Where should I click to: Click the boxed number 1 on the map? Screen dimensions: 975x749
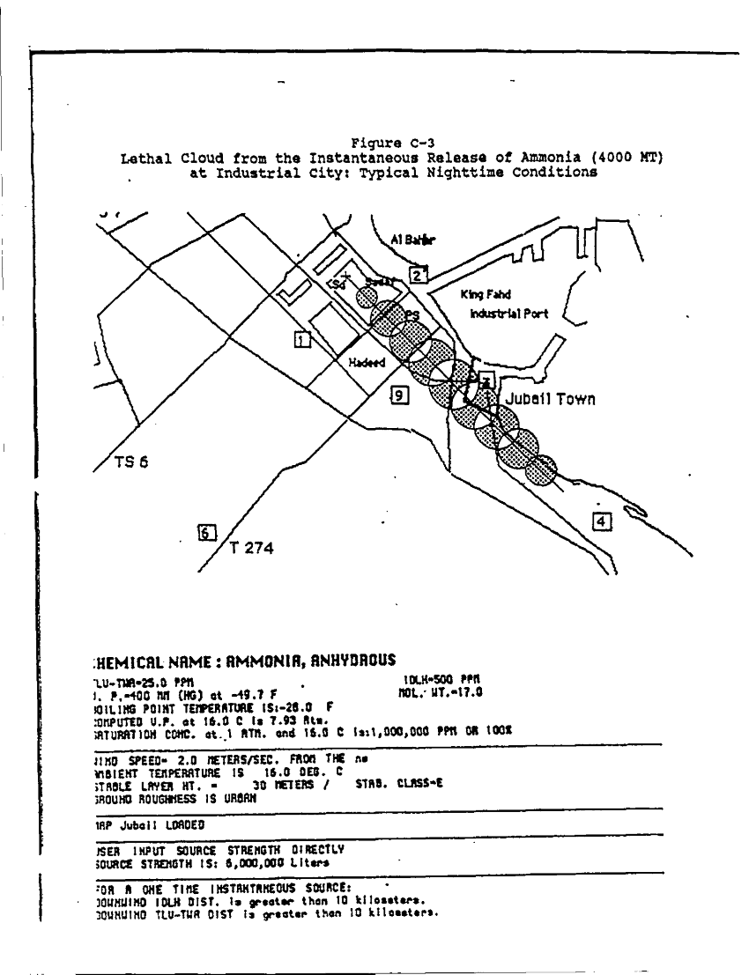tap(301, 339)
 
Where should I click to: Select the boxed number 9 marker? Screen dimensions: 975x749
tap(400, 396)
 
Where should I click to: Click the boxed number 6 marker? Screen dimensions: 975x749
tap(206, 532)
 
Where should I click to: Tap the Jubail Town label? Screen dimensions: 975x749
tap(550, 399)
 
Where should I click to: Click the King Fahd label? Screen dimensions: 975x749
tap(486, 296)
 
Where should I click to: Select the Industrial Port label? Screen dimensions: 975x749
tap(509, 314)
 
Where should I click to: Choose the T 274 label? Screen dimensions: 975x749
tap(252, 549)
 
